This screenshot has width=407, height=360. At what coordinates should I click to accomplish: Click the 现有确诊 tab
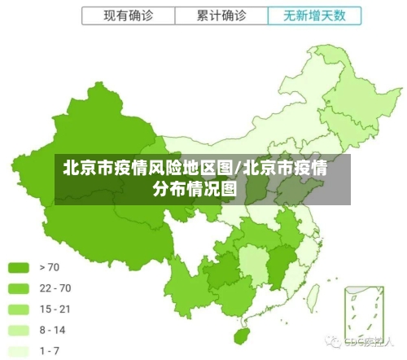(x=128, y=15)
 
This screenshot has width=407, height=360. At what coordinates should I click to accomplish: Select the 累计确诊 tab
(x=221, y=15)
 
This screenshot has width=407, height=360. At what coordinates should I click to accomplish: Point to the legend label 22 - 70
(x=55, y=288)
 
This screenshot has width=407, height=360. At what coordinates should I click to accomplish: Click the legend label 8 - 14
(x=52, y=331)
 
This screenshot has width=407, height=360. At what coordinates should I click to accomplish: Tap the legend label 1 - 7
(x=50, y=351)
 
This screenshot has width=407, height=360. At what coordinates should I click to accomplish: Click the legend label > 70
(x=49, y=267)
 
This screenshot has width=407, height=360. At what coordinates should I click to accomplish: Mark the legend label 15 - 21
(x=55, y=310)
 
